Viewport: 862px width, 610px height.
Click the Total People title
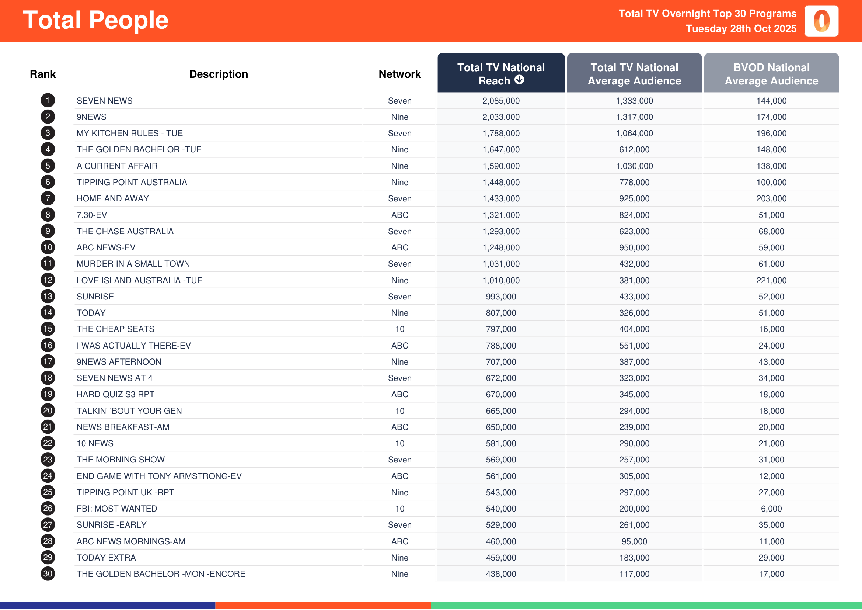click(96, 20)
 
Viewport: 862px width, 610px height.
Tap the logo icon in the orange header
click(821, 21)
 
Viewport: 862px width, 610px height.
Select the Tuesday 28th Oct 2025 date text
click(741, 29)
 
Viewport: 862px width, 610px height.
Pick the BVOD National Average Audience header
click(771, 74)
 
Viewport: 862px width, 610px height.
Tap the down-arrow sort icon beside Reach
click(519, 80)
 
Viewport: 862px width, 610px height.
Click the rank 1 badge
click(48, 101)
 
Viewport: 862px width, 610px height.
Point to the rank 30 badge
click(48, 574)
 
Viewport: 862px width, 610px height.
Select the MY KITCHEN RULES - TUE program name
click(129, 134)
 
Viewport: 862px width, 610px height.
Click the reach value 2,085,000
click(501, 101)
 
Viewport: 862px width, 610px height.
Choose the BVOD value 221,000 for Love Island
click(771, 281)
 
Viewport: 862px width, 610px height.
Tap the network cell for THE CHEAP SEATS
click(399, 329)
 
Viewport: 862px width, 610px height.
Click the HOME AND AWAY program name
click(113, 199)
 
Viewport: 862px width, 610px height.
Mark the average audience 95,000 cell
click(634, 542)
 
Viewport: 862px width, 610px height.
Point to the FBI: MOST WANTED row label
click(117, 509)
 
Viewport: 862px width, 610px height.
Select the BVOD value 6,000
click(771, 509)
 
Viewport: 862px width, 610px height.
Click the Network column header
click(399, 74)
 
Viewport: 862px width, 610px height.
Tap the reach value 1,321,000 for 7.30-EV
click(501, 215)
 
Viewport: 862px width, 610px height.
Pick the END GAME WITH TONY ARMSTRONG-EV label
click(159, 476)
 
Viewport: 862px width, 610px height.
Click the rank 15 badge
click(48, 329)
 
